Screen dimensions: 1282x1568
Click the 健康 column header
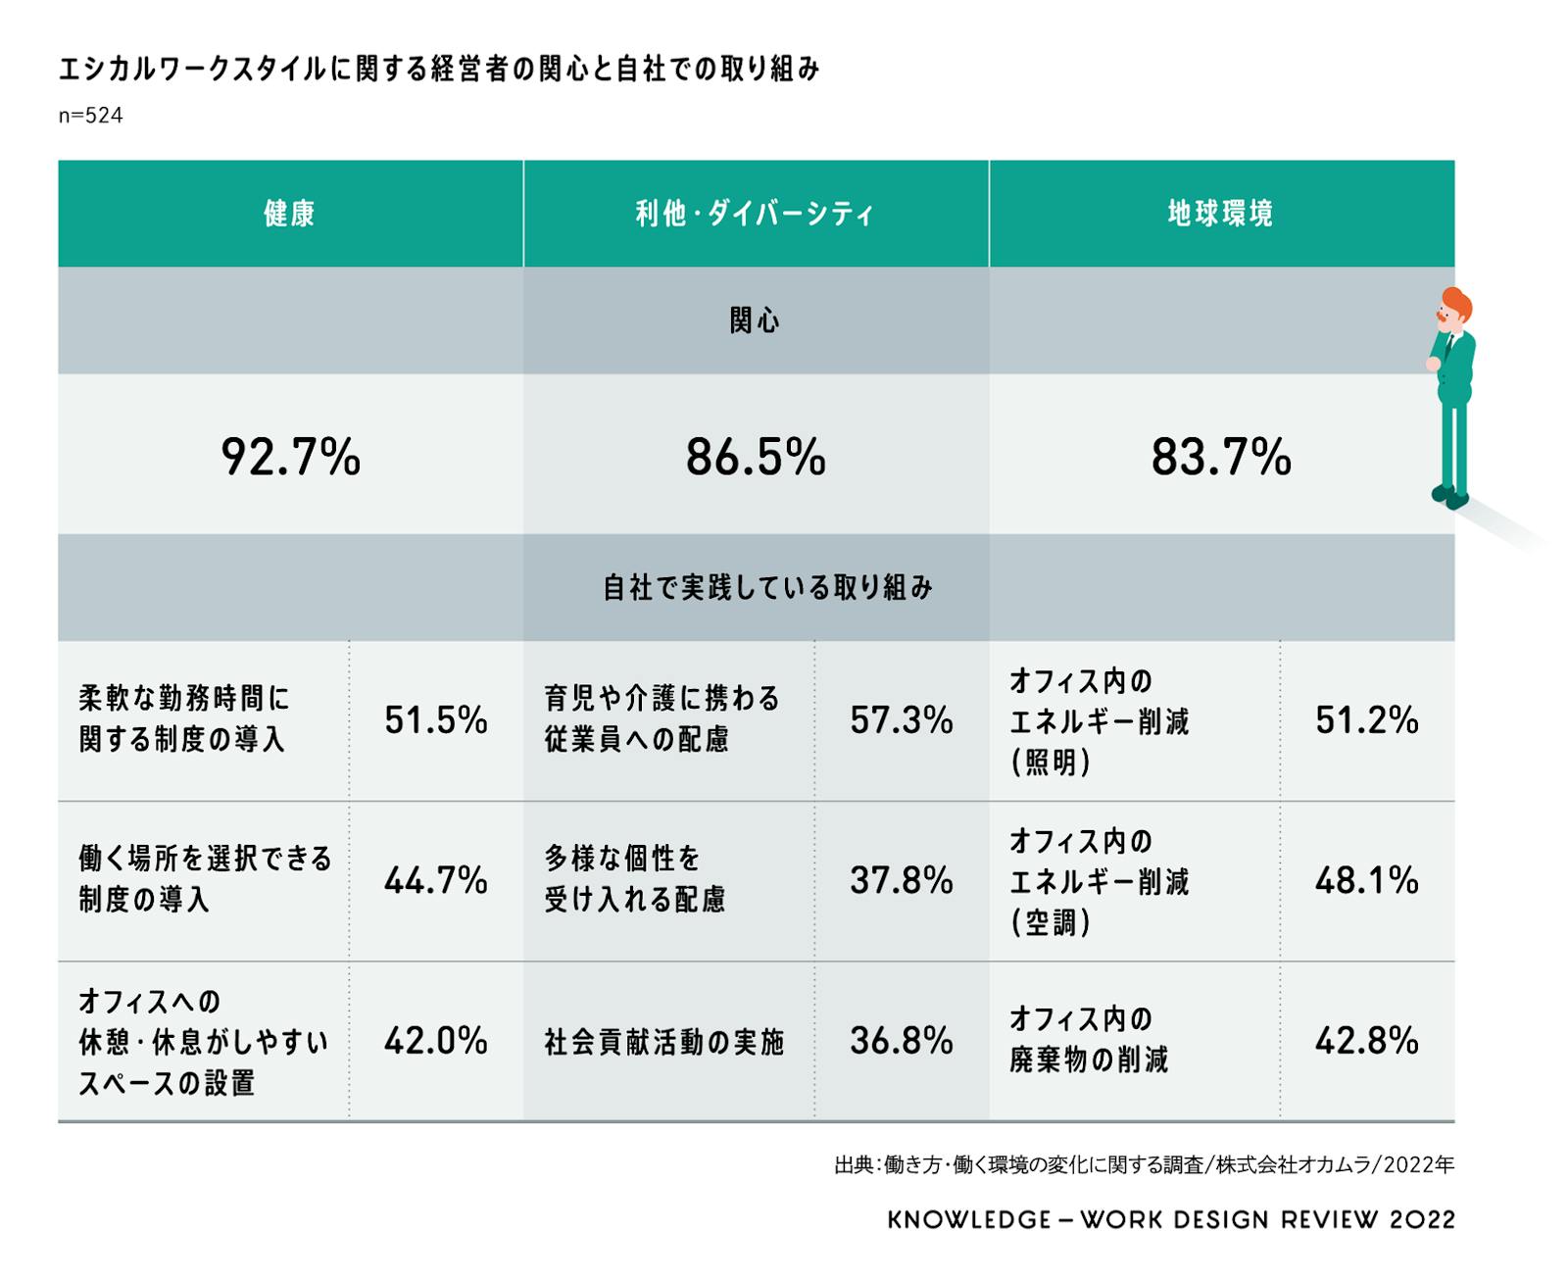289,214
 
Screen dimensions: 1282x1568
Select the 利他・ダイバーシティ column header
755,214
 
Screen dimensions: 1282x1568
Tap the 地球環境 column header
1220,214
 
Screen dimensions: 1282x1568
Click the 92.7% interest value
290,457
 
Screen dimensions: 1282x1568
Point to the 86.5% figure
756,457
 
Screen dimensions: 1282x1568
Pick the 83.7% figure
1221,457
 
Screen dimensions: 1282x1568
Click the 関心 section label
755,320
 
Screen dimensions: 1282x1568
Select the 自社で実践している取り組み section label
767,587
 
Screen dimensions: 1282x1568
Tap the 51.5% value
435,720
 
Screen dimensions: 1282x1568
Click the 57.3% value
901,720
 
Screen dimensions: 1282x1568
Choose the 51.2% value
1366,720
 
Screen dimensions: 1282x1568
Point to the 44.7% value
435,880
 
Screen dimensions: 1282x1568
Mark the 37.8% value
901,880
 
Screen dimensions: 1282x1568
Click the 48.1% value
1366,880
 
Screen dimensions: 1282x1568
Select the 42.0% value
435,1040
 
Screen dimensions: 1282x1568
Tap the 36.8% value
901,1040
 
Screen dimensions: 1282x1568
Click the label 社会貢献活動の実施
664,1042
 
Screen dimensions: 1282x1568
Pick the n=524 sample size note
90,116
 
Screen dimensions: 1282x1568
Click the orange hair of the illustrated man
1459,303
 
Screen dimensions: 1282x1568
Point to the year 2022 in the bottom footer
1422,1220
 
